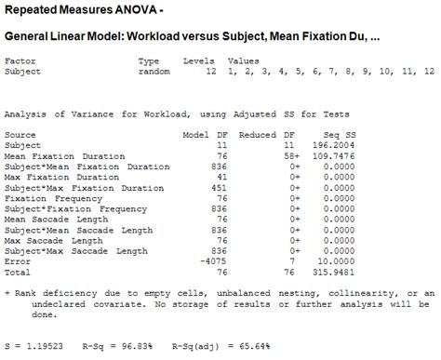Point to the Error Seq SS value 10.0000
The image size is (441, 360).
pyautogui.click(x=338, y=262)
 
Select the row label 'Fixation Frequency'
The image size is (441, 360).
pyautogui.click(x=47, y=198)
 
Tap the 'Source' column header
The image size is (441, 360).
pyautogui.click(x=20, y=135)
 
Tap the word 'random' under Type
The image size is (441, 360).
pyautogui.click(x=154, y=71)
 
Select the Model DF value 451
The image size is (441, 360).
pyautogui.click(x=216, y=188)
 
